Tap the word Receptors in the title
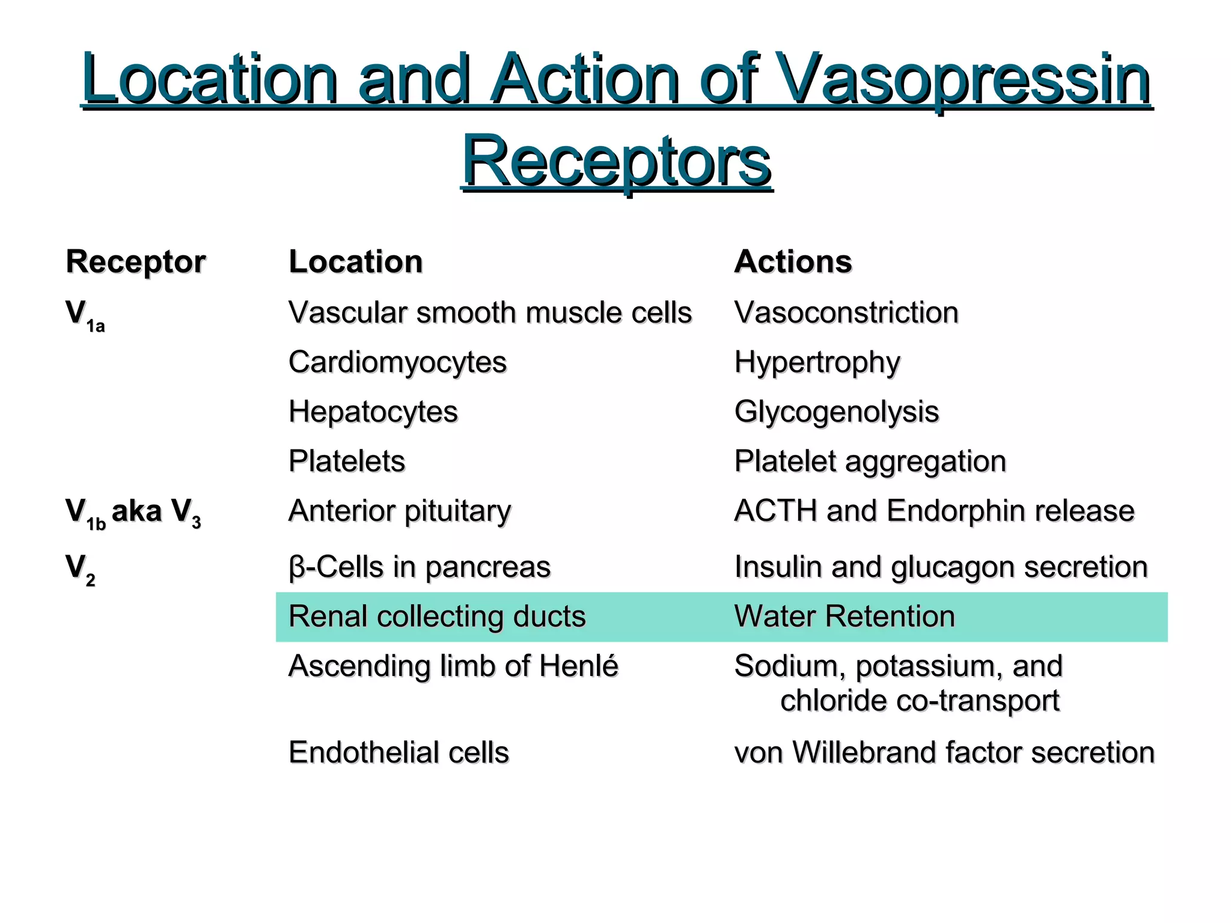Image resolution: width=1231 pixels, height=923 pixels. pos(616,161)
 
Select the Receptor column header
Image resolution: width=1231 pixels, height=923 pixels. pos(136,262)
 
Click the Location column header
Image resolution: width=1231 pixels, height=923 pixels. pos(356,262)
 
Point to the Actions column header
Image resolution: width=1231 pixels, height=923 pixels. pos(793,262)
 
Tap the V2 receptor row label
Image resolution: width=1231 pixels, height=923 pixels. pos(80,568)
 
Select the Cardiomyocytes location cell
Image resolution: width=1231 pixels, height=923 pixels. pos(397,362)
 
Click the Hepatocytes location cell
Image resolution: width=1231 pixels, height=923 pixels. pos(373,412)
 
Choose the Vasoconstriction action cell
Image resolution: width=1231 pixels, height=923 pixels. pos(846,313)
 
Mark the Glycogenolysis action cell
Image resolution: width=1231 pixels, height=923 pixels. pos(836,412)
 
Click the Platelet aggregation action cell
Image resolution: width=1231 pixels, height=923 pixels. pos(870,461)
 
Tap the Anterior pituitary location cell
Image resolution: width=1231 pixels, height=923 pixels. pos(399,511)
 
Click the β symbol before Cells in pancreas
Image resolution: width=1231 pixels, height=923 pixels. pos(296,567)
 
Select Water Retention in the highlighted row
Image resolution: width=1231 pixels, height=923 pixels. pos(844,617)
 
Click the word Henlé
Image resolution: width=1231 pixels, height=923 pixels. pos(578,666)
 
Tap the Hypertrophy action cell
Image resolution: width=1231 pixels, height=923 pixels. pos(817,363)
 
